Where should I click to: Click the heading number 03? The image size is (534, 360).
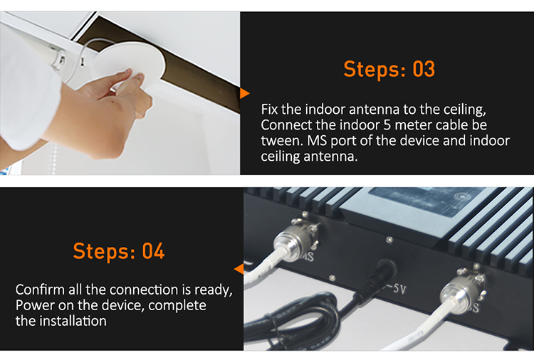click(x=424, y=69)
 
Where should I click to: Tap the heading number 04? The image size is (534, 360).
click(x=153, y=251)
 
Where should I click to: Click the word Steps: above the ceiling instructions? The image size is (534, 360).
click(x=375, y=69)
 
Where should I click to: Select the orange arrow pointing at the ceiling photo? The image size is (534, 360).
click(x=244, y=94)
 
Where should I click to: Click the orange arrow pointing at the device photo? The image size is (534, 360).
click(x=239, y=269)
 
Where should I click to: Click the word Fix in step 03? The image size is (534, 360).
click(x=270, y=110)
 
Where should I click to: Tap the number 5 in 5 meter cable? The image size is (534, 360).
click(x=387, y=125)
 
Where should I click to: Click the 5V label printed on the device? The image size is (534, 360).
click(x=397, y=289)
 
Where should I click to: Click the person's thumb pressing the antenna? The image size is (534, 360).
click(x=117, y=78)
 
